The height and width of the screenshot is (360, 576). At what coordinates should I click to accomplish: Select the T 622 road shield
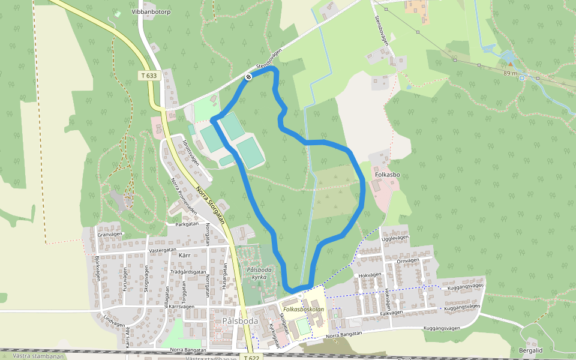(253, 356)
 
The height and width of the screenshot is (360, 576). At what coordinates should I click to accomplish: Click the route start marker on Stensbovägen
(247, 76)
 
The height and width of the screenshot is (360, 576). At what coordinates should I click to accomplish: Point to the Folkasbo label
(387, 175)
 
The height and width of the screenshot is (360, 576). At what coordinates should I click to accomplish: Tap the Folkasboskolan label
(304, 310)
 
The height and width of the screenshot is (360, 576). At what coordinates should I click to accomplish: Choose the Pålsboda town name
(239, 320)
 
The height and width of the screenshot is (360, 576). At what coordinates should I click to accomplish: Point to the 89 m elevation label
(510, 72)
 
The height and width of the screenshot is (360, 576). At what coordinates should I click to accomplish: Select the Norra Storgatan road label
(210, 205)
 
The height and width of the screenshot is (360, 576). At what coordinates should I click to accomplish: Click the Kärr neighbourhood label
(184, 255)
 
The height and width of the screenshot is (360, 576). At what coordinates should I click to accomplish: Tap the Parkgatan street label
(186, 224)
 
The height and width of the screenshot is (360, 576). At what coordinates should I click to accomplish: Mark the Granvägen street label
(109, 234)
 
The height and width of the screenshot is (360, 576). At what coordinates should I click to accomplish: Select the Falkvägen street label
(391, 313)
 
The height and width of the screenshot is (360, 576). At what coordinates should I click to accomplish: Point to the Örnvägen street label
(408, 260)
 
